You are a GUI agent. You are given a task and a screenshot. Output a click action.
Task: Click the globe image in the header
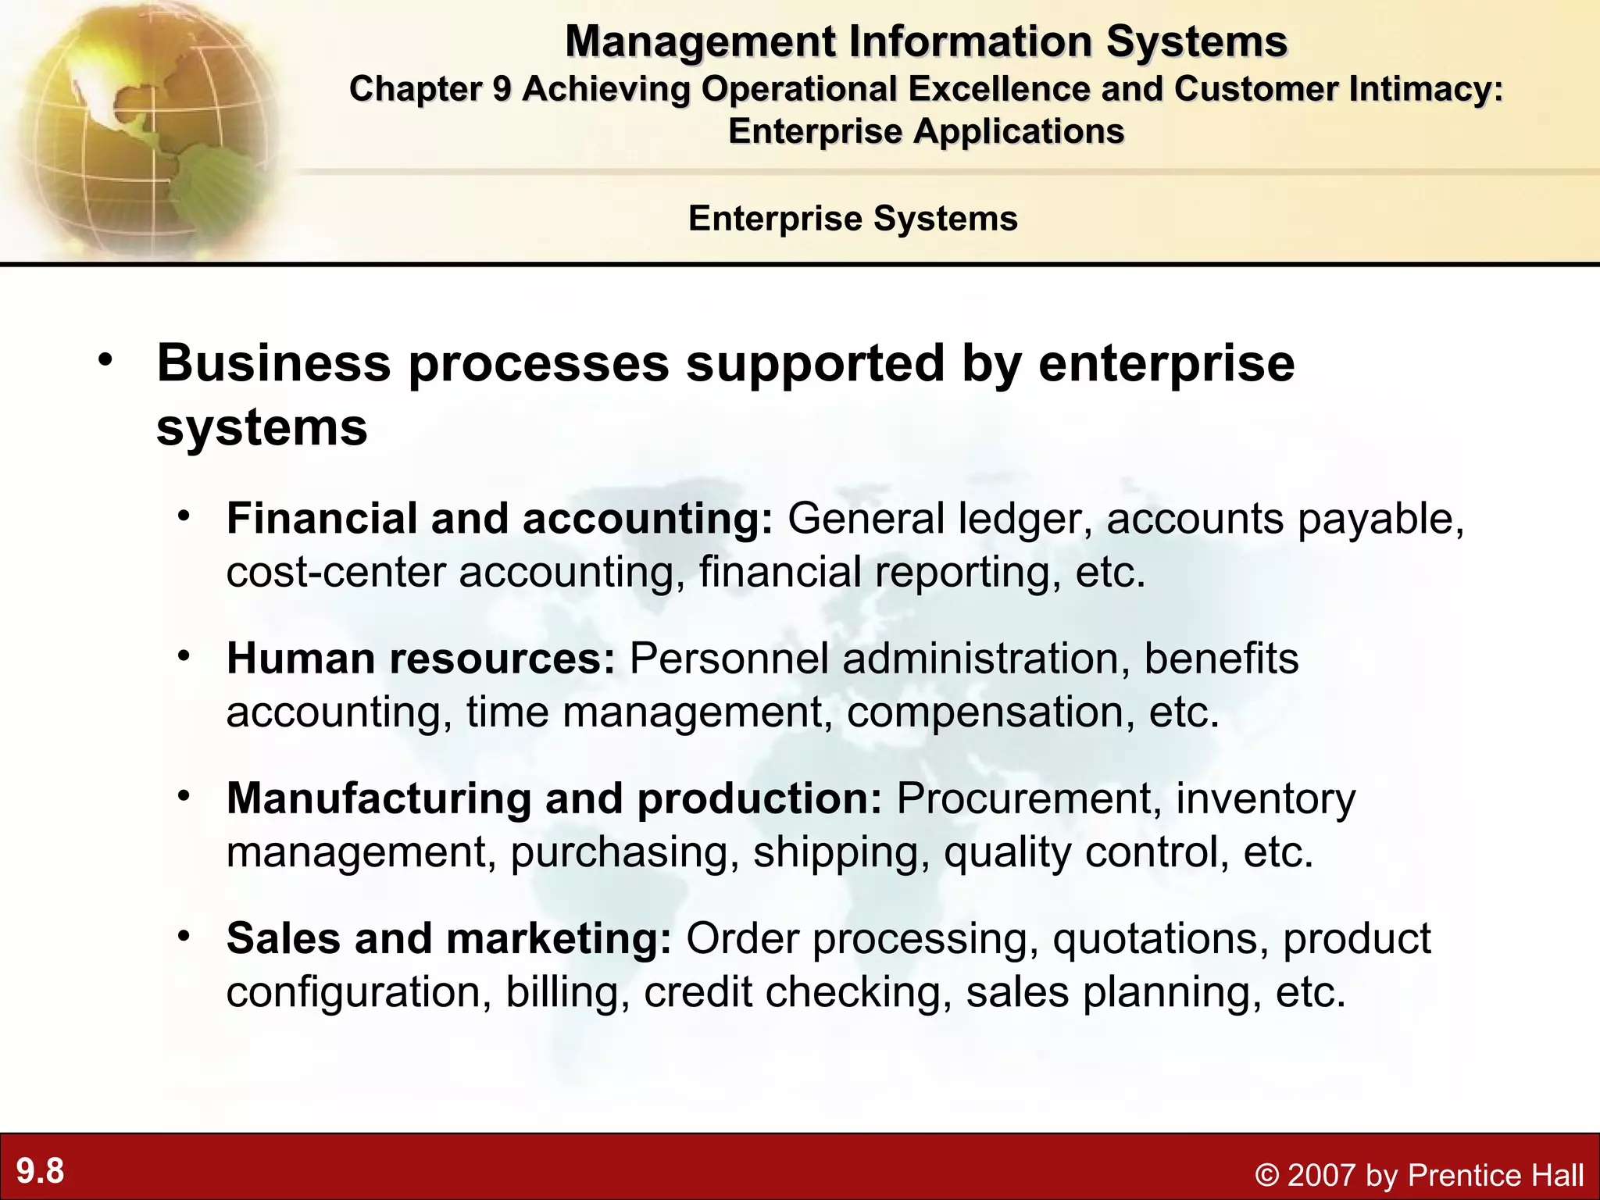click(145, 129)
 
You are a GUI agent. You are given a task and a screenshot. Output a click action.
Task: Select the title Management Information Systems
click(926, 41)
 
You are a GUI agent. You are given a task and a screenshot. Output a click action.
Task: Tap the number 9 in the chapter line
click(502, 89)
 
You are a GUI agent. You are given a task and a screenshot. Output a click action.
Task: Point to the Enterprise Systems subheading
click(852, 218)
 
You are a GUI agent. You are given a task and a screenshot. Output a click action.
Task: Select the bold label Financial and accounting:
click(499, 519)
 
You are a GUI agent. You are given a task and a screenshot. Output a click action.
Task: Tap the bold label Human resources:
click(421, 659)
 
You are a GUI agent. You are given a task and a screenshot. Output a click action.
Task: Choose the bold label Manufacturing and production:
click(554, 798)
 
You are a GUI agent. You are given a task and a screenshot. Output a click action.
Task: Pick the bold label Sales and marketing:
click(448, 938)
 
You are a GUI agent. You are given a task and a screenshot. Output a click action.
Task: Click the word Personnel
click(728, 659)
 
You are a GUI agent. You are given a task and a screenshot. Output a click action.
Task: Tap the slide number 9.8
click(41, 1171)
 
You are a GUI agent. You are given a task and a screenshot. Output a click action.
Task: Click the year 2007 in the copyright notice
click(1321, 1175)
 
